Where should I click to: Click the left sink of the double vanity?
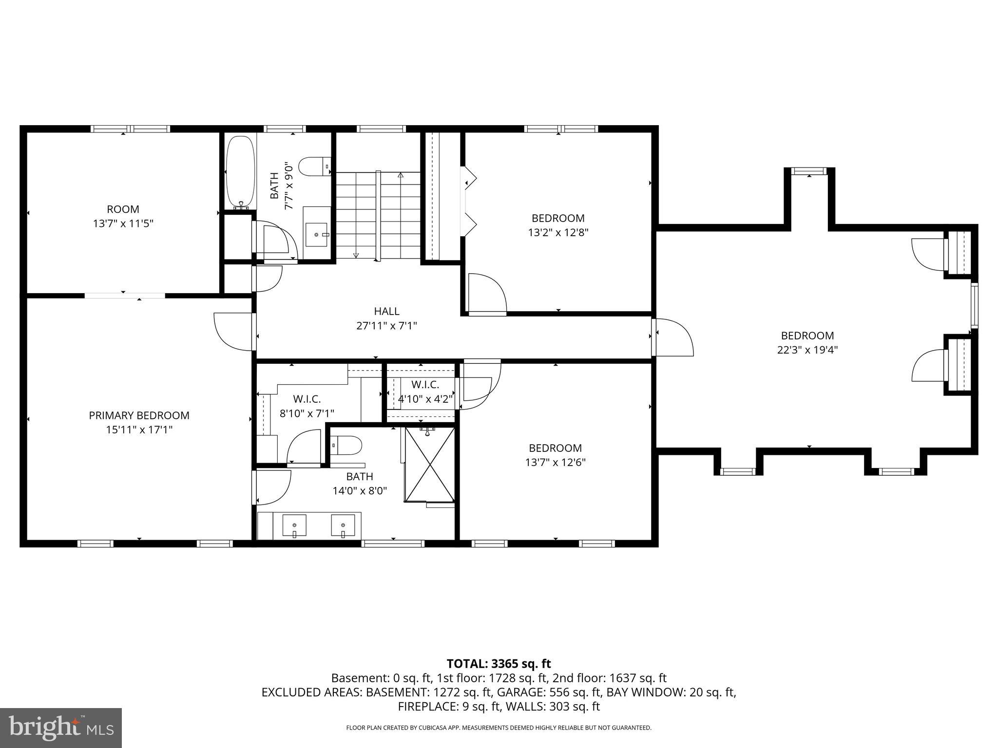294,525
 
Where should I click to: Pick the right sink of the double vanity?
343,525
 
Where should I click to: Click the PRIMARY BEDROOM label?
139,415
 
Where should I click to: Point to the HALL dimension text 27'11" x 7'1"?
386,326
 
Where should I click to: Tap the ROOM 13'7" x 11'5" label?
123,216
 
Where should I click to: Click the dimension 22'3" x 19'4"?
807,350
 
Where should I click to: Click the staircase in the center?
378,215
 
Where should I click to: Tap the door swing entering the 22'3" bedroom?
673,337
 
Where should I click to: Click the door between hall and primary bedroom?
234,331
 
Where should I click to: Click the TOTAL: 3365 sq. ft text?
499,664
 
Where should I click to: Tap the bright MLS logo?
61,728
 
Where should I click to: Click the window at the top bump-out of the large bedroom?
809,171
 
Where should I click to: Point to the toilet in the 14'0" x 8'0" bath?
347,445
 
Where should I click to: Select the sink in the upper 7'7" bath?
317,234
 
